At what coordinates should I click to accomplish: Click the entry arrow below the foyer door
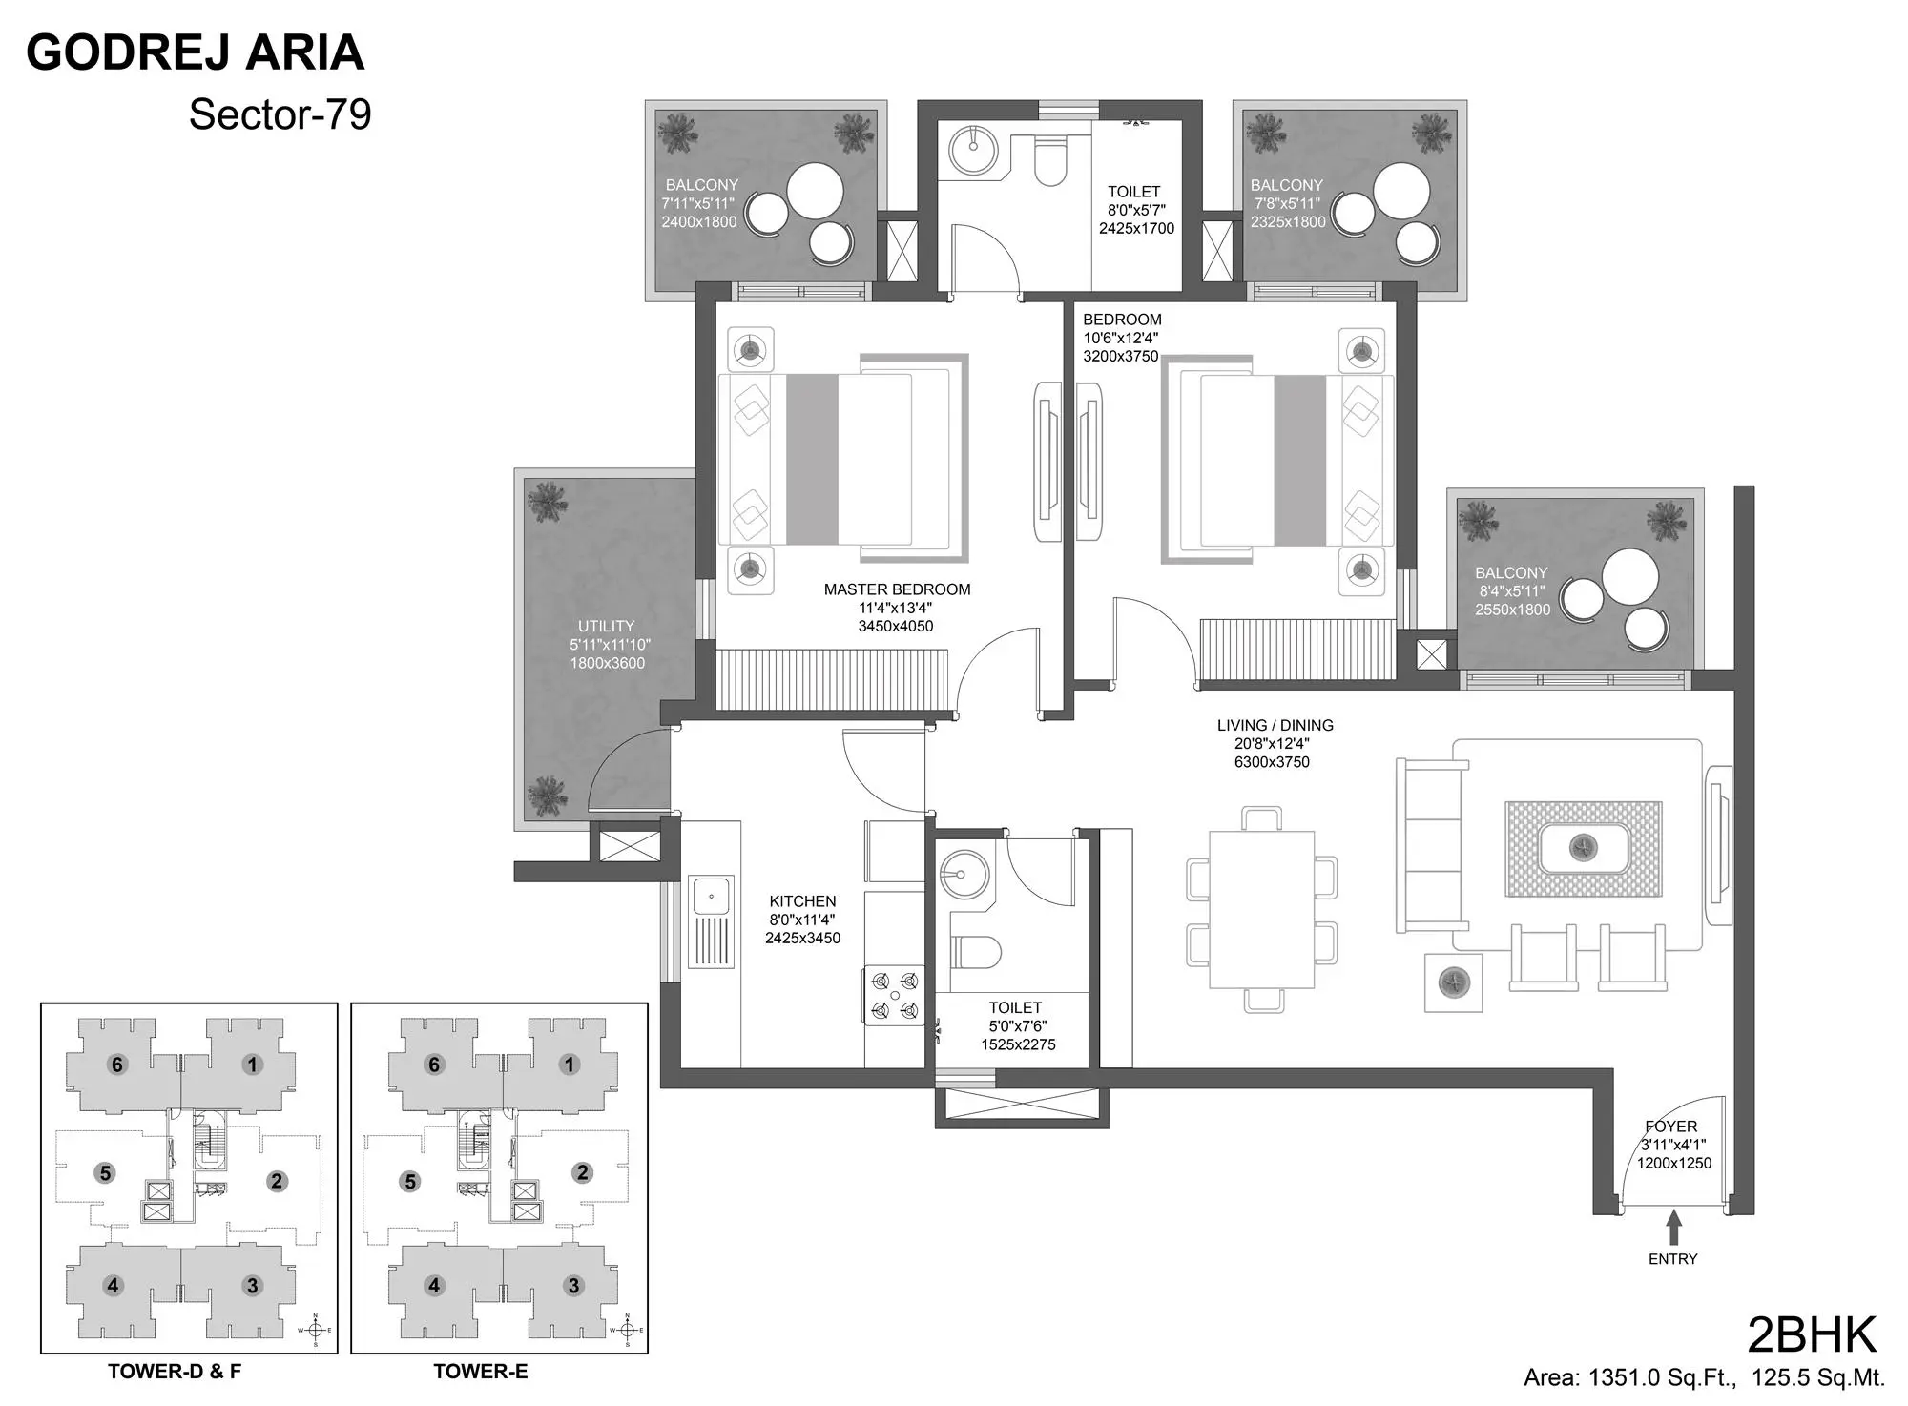(1673, 1227)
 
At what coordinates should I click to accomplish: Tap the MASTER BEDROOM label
(897, 589)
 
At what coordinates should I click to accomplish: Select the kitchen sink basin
(711, 896)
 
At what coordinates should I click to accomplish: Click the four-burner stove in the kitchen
(895, 995)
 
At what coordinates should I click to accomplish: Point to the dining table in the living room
(1261, 910)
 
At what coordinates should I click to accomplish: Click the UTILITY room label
(606, 626)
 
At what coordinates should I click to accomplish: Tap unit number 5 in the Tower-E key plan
(410, 1182)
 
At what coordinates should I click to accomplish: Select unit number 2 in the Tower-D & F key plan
(277, 1181)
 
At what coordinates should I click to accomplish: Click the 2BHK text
(1811, 1335)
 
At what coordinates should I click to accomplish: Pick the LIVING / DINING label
(1275, 725)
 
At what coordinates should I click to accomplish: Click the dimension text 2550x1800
(1512, 610)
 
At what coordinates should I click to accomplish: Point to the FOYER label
(1670, 1127)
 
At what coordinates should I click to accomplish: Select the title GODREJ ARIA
(196, 52)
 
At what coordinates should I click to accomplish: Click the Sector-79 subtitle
(280, 114)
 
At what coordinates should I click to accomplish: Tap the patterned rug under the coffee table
(1583, 849)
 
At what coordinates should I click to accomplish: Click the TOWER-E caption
(480, 1372)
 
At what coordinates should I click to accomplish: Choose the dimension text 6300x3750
(1272, 762)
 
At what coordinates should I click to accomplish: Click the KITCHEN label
(802, 901)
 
